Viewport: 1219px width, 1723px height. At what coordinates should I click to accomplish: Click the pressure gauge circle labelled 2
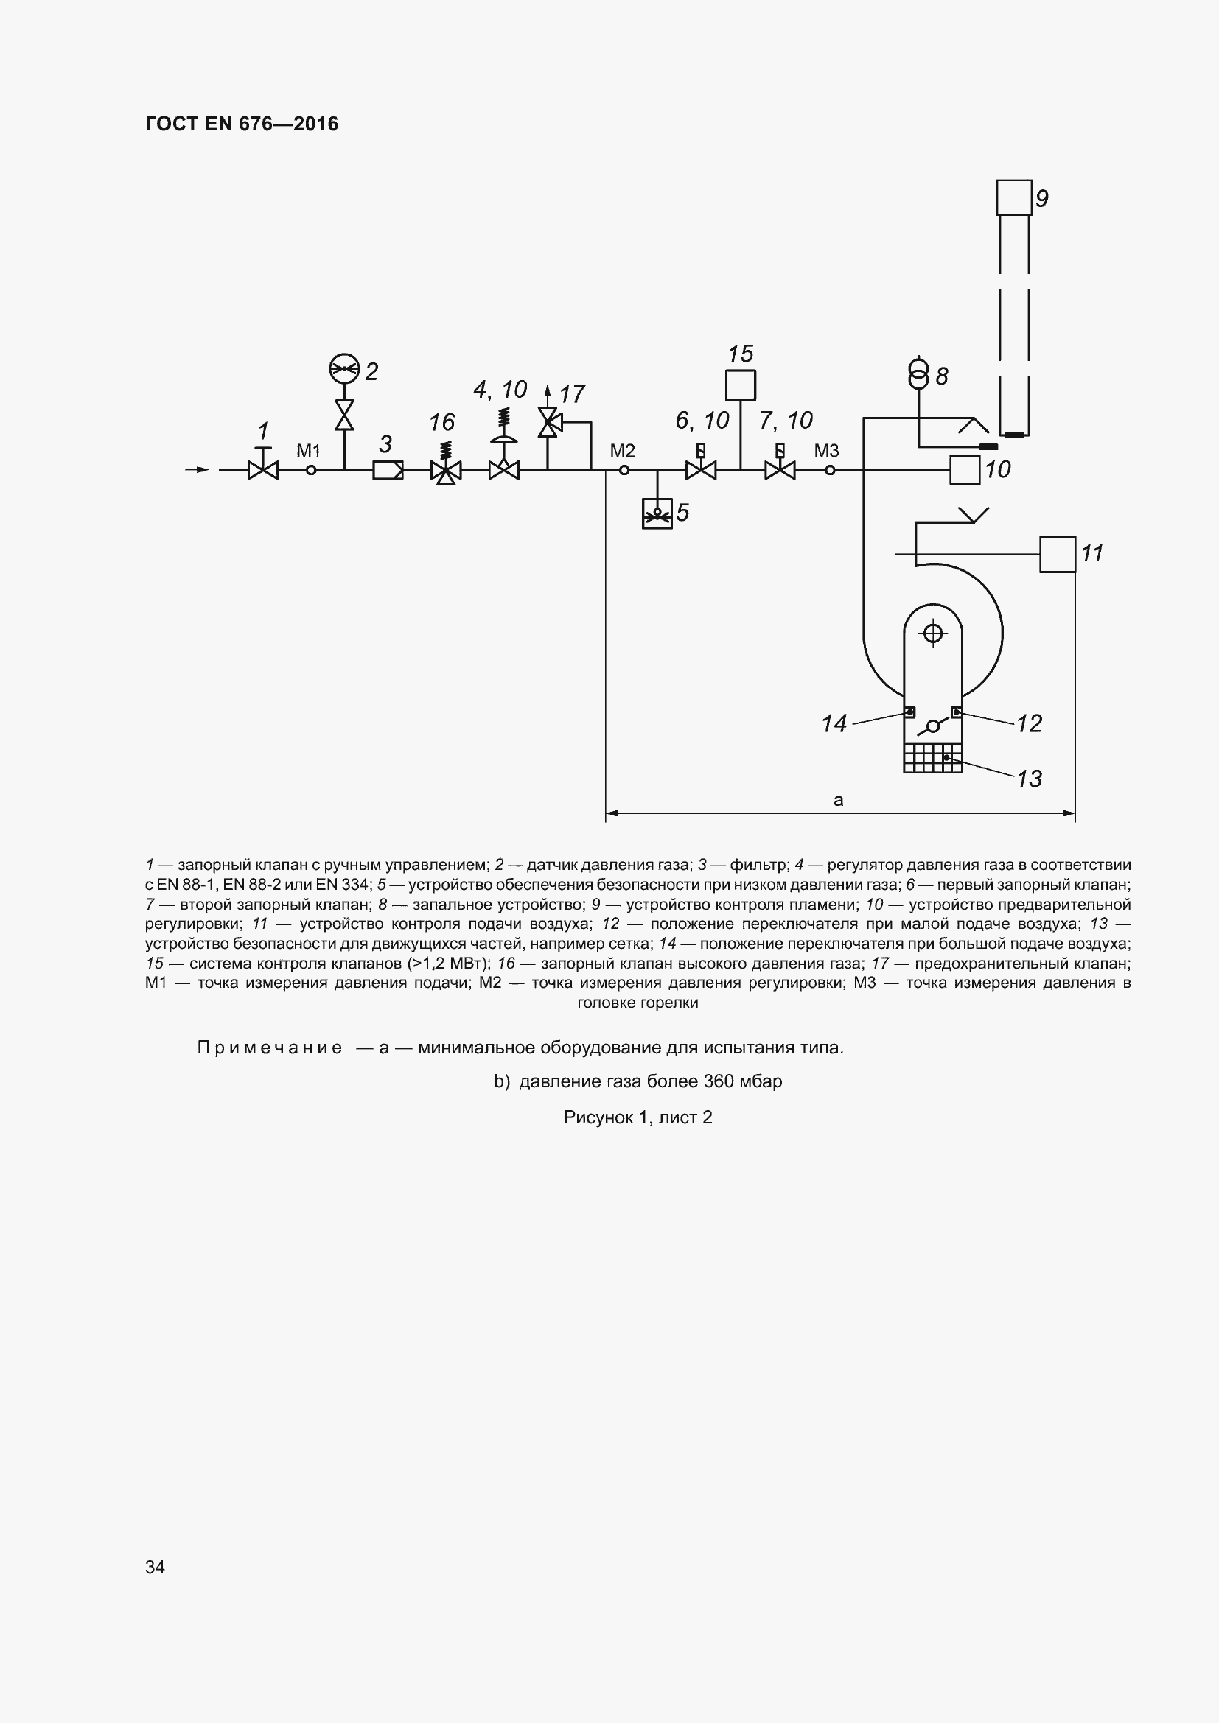click(x=344, y=368)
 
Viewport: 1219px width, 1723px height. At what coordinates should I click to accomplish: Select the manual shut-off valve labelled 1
click(x=262, y=471)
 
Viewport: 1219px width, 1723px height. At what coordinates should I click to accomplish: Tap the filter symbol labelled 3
click(x=388, y=471)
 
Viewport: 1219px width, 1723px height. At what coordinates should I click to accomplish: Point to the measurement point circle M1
click(x=312, y=471)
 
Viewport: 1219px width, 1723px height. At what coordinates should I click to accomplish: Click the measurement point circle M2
click(x=624, y=471)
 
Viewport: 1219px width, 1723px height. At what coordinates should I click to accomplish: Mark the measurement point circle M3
click(x=829, y=471)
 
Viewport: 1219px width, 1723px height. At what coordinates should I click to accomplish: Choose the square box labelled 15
click(x=740, y=385)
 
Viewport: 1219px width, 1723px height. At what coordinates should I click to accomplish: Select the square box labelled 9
click(x=1014, y=197)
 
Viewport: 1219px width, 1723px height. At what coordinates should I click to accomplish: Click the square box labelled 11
click(x=1058, y=555)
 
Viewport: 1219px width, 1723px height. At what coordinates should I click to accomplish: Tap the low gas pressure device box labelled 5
click(x=657, y=514)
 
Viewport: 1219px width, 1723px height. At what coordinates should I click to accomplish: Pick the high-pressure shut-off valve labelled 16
click(x=446, y=471)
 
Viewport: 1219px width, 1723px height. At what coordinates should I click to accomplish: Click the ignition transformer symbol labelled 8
click(x=918, y=375)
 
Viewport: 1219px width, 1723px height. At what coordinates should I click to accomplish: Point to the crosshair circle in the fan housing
click(x=933, y=634)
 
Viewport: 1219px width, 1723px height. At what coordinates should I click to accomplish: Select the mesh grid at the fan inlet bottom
click(x=932, y=758)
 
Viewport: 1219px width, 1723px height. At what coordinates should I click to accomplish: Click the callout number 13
click(x=1029, y=779)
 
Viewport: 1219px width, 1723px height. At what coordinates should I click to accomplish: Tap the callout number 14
click(x=834, y=723)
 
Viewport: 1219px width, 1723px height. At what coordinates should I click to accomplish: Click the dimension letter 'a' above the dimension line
click(x=839, y=800)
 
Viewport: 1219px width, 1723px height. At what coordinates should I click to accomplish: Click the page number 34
click(x=155, y=1567)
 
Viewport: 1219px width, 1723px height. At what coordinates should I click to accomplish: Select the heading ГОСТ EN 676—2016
click(x=242, y=124)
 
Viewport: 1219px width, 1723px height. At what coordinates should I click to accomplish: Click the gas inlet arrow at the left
click(x=198, y=470)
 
